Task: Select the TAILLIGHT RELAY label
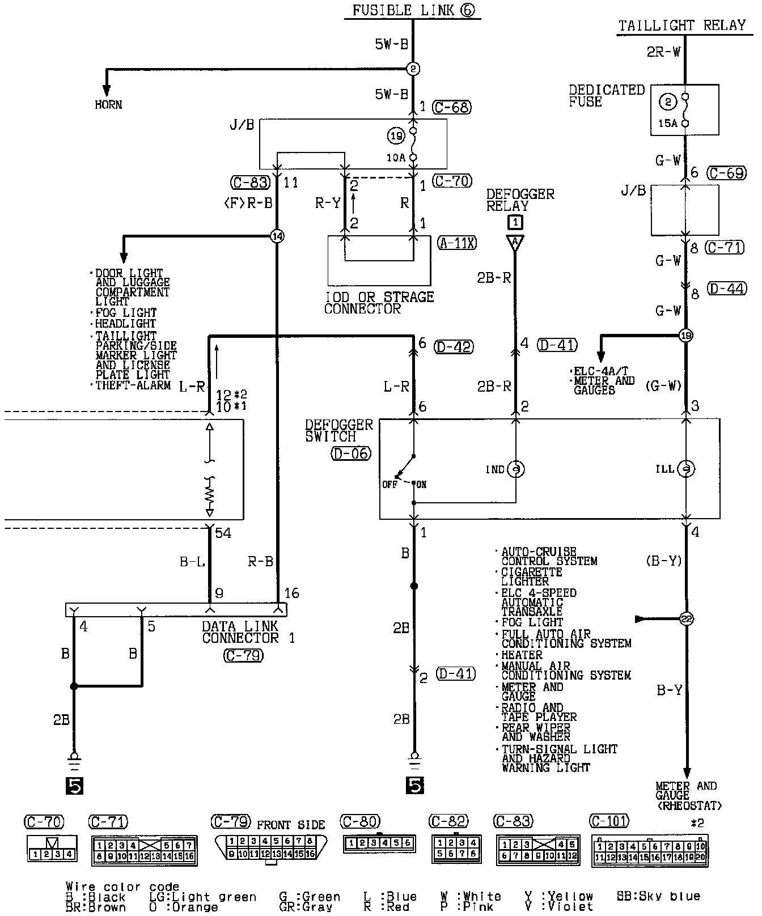(x=681, y=26)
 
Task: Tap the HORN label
(x=108, y=105)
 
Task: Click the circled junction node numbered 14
(x=277, y=236)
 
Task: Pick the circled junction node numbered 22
(x=686, y=619)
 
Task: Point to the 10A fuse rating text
(x=396, y=158)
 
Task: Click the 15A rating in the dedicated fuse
(x=668, y=123)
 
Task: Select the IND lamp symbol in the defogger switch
(x=515, y=469)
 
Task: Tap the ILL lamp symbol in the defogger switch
(x=686, y=469)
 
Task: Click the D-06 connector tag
(x=351, y=453)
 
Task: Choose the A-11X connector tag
(x=457, y=243)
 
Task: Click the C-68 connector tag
(x=451, y=107)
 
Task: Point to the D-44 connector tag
(x=726, y=289)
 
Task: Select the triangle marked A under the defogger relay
(x=515, y=243)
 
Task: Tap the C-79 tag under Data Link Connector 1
(x=243, y=655)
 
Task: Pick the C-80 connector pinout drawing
(x=379, y=843)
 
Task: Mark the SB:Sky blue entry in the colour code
(x=658, y=896)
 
